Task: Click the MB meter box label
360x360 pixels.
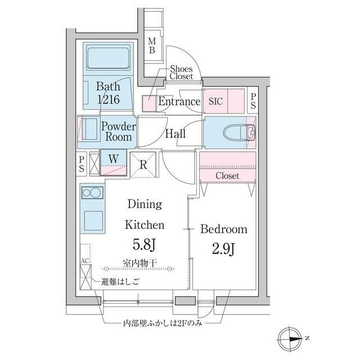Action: pos(152,46)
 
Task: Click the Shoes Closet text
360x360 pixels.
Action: pos(181,72)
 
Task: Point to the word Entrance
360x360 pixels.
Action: pos(179,102)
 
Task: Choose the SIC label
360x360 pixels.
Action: pos(215,102)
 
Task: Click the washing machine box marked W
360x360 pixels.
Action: pos(114,159)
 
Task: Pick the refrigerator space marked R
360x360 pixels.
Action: pos(143,164)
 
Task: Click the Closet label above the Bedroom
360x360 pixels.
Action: pos(227,176)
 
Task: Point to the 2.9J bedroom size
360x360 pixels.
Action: pos(223,247)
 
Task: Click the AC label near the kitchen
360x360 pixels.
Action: pos(85,262)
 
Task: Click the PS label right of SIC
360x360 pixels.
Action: pos(253,101)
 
